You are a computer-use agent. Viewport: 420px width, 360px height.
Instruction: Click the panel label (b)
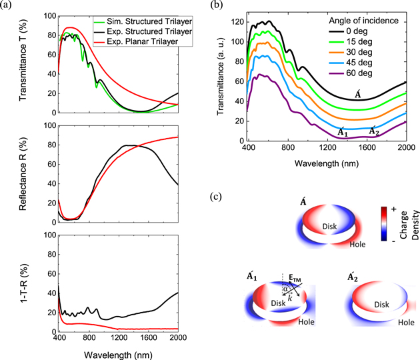pyautogui.click(x=227, y=7)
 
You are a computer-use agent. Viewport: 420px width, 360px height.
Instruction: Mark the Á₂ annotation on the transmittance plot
pyautogui.click(x=375, y=131)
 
